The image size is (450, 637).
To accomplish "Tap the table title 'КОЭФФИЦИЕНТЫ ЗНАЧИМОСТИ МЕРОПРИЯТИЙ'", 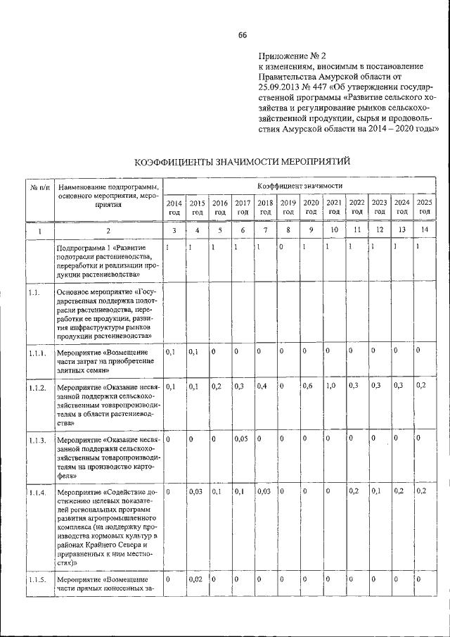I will [242, 163].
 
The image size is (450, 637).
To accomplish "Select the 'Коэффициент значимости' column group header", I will [300, 185].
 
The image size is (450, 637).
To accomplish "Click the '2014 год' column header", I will [174, 207].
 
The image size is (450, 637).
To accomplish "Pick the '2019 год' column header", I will [288, 207].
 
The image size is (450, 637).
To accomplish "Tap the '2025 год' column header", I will [424, 207].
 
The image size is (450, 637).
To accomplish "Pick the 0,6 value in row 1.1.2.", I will [307, 386].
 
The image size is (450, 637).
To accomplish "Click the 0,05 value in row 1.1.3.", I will [242, 439].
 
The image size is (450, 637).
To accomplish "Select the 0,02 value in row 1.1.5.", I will [197, 579].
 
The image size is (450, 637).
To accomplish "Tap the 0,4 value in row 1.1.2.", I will [264, 386].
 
